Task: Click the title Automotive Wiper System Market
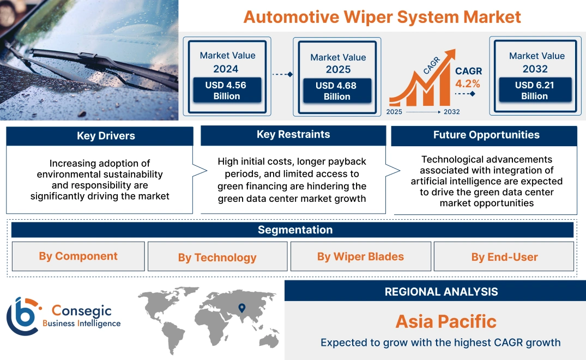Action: [x=382, y=16]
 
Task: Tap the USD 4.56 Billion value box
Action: [x=226, y=91]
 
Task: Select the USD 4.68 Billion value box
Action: [x=337, y=91]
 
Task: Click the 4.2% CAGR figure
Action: [x=468, y=83]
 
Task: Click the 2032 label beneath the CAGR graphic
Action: [x=451, y=112]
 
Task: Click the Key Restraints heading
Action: [x=293, y=135]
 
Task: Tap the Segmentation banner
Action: [x=295, y=230]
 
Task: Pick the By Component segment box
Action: [x=78, y=256]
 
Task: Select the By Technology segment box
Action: [x=217, y=257]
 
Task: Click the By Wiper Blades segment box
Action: [x=360, y=256]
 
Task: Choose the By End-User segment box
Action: [x=504, y=257]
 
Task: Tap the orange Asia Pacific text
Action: [x=446, y=321]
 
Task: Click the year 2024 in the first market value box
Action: [x=226, y=69]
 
